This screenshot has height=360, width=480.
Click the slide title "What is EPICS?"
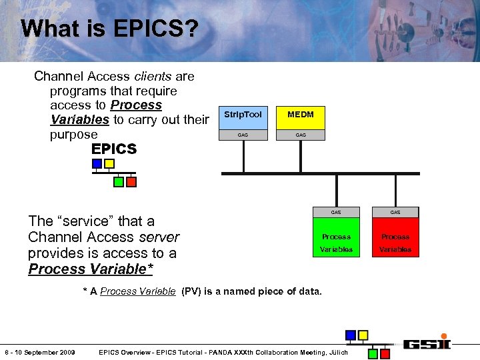(x=109, y=29)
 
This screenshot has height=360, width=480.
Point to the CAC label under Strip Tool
(x=243, y=135)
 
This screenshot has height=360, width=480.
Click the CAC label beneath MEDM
(x=301, y=135)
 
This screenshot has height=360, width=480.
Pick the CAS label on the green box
(x=336, y=213)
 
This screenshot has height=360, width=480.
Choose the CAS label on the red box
(x=395, y=213)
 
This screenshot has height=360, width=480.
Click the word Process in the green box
(x=336, y=237)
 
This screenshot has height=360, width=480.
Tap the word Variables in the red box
(x=395, y=250)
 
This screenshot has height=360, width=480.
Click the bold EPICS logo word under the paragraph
(x=113, y=149)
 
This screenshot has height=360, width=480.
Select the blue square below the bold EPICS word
(x=97, y=163)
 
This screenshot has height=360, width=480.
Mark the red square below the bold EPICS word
(x=131, y=181)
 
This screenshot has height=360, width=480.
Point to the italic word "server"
(x=159, y=237)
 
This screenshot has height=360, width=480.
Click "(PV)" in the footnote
(x=193, y=291)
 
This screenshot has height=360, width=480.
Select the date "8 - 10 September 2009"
(x=40, y=352)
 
